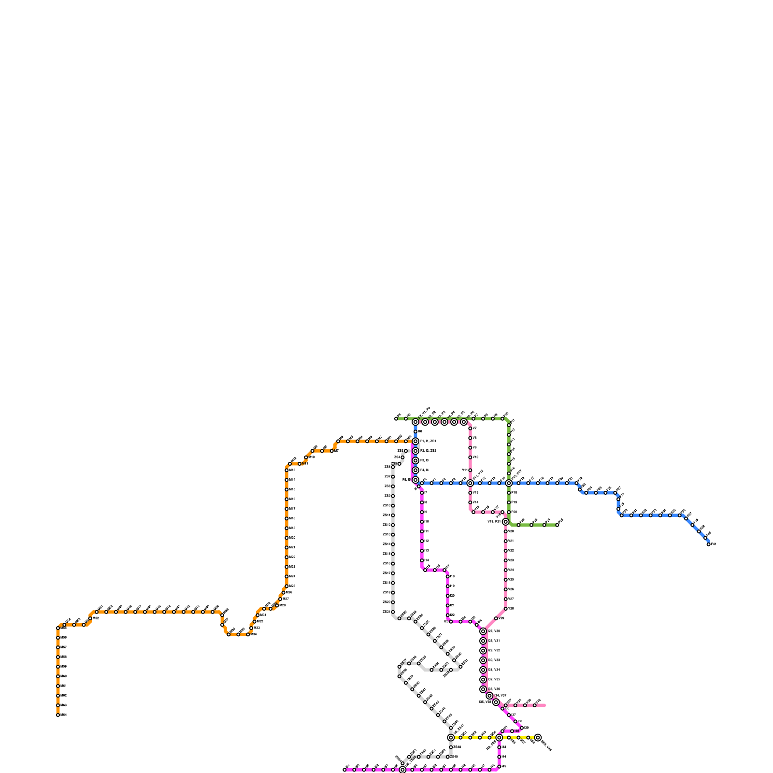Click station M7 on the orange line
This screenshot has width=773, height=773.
pyautogui.click(x=332, y=451)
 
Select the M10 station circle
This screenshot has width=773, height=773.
pyautogui.click(x=306, y=457)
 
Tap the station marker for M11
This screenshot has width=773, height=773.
pyautogui.click(x=300, y=464)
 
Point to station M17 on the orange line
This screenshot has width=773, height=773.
pyautogui.click(x=286, y=509)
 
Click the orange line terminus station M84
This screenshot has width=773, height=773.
pyautogui.click(x=58, y=715)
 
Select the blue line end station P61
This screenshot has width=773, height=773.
pyautogui.click(x=708, y=544)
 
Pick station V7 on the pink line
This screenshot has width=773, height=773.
pyautogui.click(x=470, y=429)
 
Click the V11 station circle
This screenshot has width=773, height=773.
pyautogui.click(x=470, y=470)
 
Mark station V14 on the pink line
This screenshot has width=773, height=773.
pyautogui.click(x=470, y=502)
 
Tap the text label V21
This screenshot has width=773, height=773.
pyautogui.click(x=511, y=541)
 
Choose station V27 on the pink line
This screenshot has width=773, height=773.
pyautogui.click(x=505, y=599)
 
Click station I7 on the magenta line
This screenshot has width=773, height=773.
pyautogui.click(x=422, y=493)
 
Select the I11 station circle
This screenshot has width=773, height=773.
pyautogui.click(x=422, y=531)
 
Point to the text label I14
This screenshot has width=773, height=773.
pyautogui.click(x=427, y=560)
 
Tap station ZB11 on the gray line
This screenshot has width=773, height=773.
pyautogui.click(x=393, y=515)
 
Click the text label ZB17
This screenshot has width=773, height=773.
pyautogui.click(x=386, y=573)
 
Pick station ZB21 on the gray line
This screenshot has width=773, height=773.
pyautogui.click(x=393, y=612)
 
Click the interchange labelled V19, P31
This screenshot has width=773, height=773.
pyautogui.click(x=505, y=522)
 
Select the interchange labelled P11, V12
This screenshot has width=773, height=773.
pyautogui.click(x=470, y=483)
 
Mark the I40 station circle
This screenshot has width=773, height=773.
pyautogui.click(x=512, y=731)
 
